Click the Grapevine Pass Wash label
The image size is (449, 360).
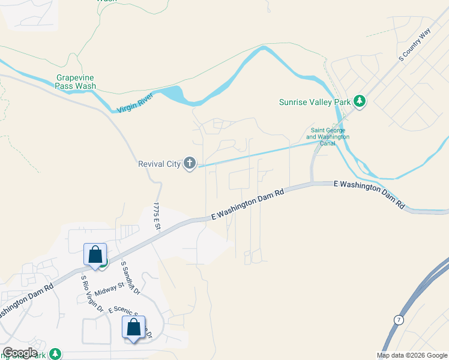point(76,82)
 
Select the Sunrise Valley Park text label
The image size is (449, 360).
point(315,102)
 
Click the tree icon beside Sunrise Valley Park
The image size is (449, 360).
point(360,101)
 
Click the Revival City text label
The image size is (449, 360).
point(159,164)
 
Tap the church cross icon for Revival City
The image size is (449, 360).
point(190,163)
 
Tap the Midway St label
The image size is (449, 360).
point(109,286)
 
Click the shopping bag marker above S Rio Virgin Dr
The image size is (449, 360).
point(95,254)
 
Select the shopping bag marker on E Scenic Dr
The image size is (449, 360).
point(133,328)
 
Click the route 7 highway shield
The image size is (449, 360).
point(398,320)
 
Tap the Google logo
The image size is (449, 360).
point(20,353)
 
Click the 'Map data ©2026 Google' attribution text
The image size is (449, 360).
point(412,355)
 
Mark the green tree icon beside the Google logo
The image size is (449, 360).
point(55,354)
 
